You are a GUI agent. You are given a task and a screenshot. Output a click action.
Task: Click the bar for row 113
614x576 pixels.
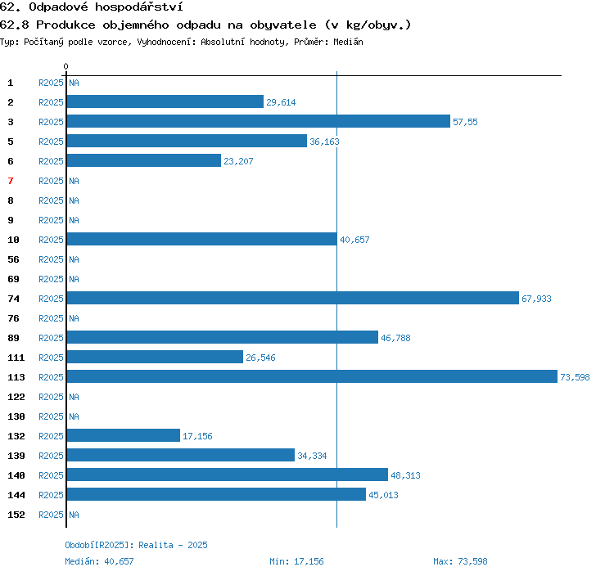click(x=312, y=376)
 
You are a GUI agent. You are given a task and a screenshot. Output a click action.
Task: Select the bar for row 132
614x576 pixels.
click(x=124, y=435)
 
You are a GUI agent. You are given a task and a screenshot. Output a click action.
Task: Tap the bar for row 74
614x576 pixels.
click(x=293, y=298)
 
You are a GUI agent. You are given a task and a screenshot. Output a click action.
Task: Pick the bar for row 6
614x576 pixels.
click(x=144, y=160)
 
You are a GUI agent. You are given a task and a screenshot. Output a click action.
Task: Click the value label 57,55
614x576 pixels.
click(x=465, y=122)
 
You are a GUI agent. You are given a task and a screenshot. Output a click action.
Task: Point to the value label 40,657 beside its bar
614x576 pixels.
click(x=354, y=240)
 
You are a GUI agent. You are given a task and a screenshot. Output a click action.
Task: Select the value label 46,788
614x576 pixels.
click(x=395, y=338)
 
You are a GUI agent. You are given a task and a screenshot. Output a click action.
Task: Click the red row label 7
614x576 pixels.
click(x=11, y=181)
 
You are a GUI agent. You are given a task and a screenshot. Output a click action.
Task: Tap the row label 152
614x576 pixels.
click(x=16, y=515)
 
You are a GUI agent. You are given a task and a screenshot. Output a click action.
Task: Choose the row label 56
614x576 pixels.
click(x=13, y=259)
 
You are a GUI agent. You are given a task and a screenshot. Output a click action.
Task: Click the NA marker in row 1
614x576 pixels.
click(x=74, y=83)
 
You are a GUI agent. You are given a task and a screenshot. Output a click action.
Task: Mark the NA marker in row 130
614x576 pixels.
click(x=74, y=416)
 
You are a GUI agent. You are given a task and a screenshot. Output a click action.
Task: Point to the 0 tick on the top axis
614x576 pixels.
click(x=65, y=66)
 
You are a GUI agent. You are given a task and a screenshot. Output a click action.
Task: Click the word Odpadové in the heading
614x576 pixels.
click(x=59, y=7)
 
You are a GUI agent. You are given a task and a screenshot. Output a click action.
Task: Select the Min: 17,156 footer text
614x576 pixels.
click(x=296, y=561)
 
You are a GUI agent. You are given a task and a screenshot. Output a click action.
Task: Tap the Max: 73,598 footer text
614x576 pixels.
click(x=460, y=561)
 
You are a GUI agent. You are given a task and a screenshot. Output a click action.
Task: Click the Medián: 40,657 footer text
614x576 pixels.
click(x=99, y=561)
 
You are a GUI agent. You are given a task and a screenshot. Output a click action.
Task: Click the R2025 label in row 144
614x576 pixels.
click(x=51, y=495)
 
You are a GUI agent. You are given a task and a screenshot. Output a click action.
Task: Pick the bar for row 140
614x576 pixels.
click(x=228, y=475)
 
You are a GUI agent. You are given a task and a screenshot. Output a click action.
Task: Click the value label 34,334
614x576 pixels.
click(x=312, y=456)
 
